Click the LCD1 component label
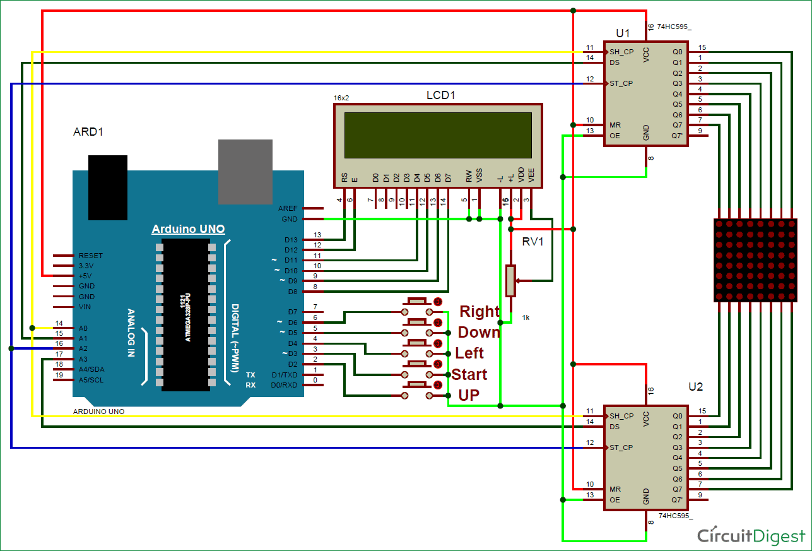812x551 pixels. (440, 95)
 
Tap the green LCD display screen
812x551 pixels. (438, 134)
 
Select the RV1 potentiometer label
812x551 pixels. (533, 240)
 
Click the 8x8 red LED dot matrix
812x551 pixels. (755, 259)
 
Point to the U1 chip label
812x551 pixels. (623, 33)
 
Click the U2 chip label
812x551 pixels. (695, 386)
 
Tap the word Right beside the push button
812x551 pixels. (479, 311)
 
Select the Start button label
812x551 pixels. (469, 374)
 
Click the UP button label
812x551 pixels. (468, 395)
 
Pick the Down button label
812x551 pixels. (479, 332)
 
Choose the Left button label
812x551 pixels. (469, 353)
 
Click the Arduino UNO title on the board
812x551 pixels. (188, 229)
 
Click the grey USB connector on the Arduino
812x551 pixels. (244, 171)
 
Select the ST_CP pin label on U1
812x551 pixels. (621, 83)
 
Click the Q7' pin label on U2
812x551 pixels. (677, 499)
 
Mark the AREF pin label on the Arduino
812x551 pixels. (288, 208)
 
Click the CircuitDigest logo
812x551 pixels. (751, 535)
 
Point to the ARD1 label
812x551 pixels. (88, 132)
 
